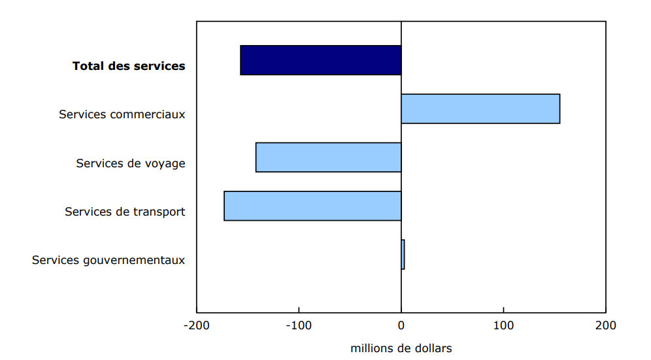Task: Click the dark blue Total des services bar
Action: pos(320,60)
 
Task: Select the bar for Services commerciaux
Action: pos(480,108)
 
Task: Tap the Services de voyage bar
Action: pos(328,157)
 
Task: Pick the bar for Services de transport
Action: pos(312,206)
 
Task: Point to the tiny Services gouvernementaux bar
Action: pos(403,254)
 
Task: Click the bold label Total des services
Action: pos(129,66)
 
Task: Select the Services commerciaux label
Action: pos(122,114)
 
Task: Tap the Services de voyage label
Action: pos(131,163)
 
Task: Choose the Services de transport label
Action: pos(125,212)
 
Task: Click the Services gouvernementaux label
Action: pos(108,260)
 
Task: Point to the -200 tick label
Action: pos(197,325)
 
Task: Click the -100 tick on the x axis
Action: pos(299,325)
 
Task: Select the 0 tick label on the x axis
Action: pos(401,325)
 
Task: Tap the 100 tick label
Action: pos(503,325)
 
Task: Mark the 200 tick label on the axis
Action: pos(605,325)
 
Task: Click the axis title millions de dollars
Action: pos(401,348)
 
